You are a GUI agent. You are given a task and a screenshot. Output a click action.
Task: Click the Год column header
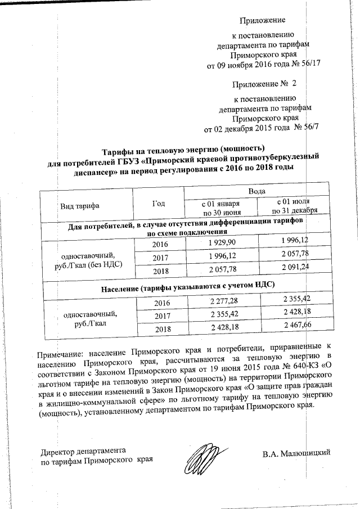pyautogui.click(x=160, y=204)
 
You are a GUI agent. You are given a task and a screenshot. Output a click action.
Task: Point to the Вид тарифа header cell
pyautogui.click(x=80, y=206)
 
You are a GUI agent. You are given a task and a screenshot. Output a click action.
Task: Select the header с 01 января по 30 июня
pyautogui.click(x=222, y=208)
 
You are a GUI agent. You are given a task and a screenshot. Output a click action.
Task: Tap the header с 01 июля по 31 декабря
pyautogui.click(x=295, y=206)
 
